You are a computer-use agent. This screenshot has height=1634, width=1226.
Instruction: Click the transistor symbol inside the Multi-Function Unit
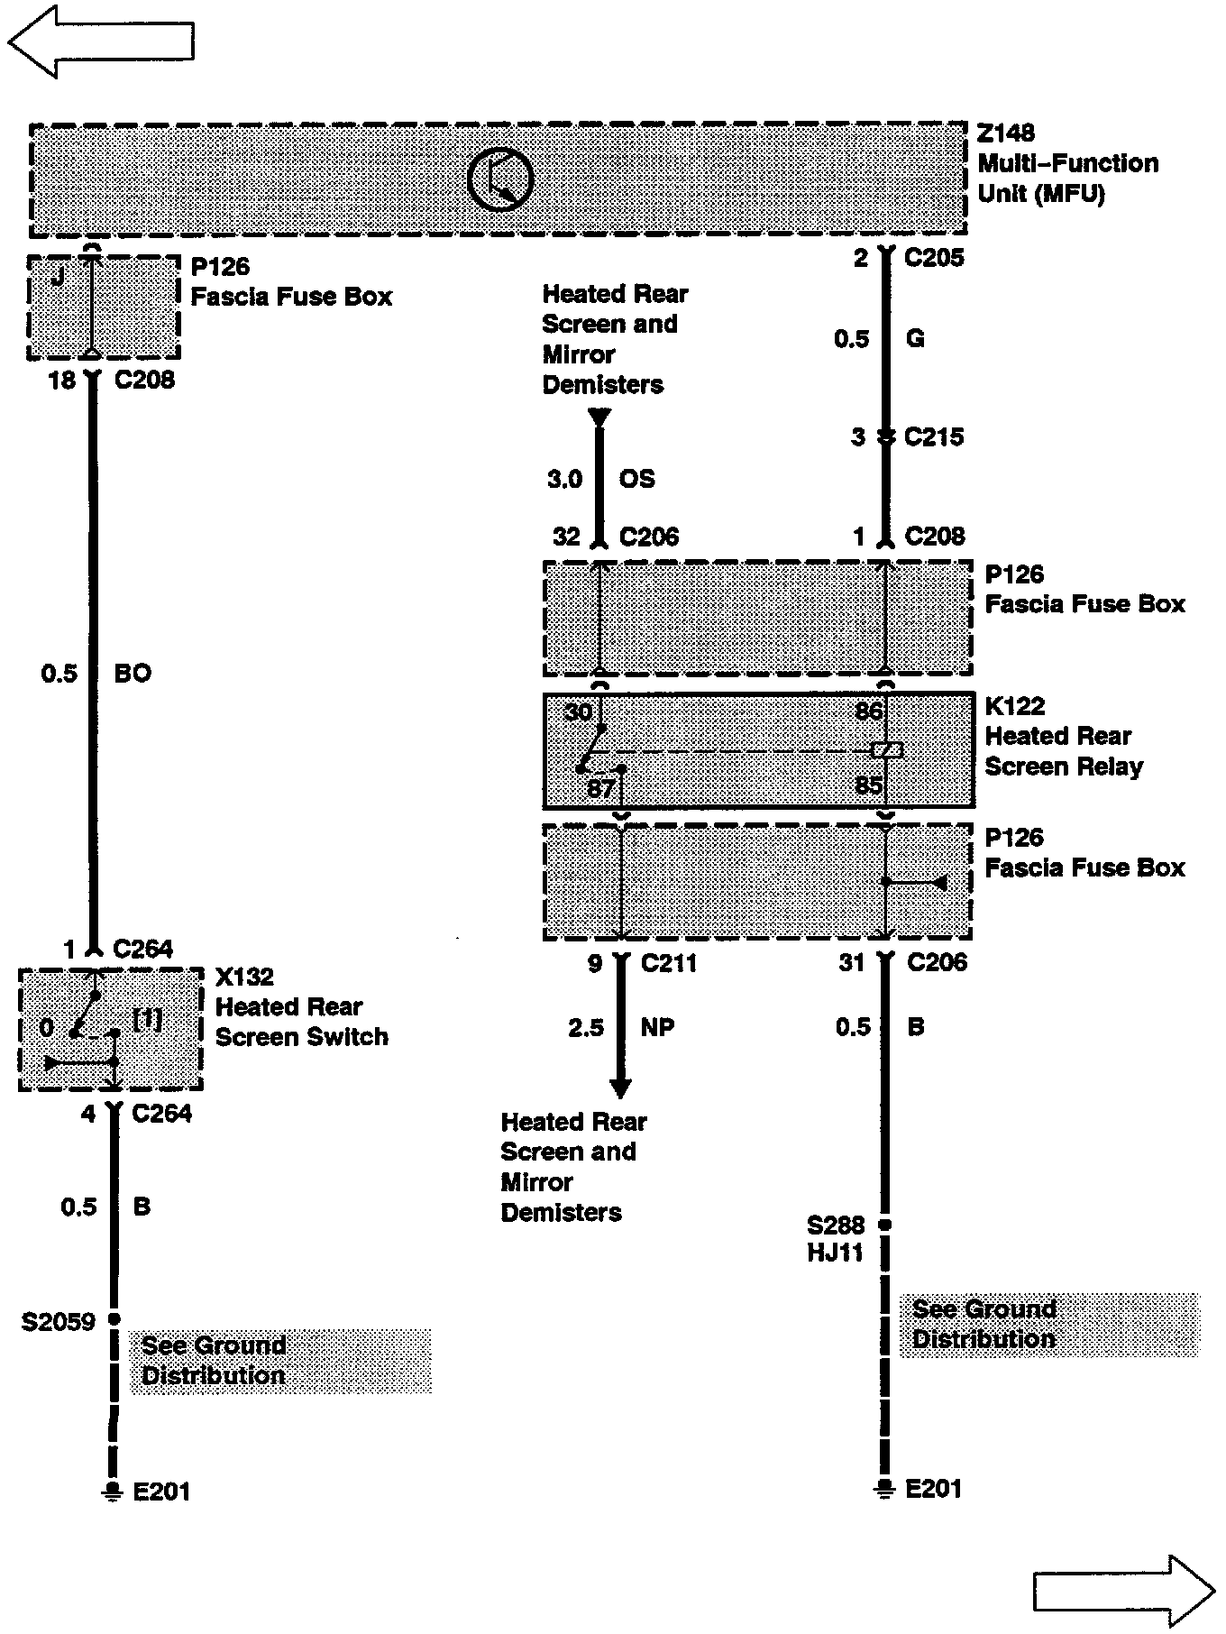pyautogui.click(x=500, y=179)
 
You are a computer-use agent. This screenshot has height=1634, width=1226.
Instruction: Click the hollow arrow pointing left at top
pyautogui.click(x=100, y=41)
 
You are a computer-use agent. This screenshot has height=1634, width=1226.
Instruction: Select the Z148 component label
pyautogui.click(x=1006, y=133)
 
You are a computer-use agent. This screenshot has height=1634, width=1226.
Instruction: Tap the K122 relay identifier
pyautogui.click(x=1014, y=706)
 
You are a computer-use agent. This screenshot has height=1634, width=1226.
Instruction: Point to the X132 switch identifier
pyautogui.click(x=243, y=977)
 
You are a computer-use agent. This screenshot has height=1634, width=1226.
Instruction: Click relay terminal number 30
pyautogui.click(x=578, y=712)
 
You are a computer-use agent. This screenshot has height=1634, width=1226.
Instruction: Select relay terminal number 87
pyautogui.click(x=600, y=788)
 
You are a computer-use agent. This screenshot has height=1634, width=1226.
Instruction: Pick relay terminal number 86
pyautogui.click(x=868, y=711)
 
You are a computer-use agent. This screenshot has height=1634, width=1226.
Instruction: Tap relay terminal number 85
pyautogui.click(x=868, y=785)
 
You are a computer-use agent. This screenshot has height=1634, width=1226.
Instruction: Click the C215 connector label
pyautogui.click(x=933, y=437)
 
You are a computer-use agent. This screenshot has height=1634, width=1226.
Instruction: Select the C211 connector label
pyautogui.click(x=668, y=963)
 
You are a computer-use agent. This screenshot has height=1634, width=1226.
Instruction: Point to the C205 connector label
pyautogui.click(x=933, y=258)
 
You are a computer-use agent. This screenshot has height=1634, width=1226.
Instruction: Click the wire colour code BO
pyautogui.click(x=133, y=674)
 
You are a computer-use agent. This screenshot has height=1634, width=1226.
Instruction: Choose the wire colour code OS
pyautogui.click(x=636, y=479)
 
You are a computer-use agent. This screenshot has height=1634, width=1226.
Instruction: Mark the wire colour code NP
pyautogui.click(x=657, y=1027)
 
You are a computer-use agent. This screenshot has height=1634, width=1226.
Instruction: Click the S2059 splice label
pyautogui.click(x=59, y=1322)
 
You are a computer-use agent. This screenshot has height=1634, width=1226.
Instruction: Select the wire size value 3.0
pyautogui.click(x=564, y=479)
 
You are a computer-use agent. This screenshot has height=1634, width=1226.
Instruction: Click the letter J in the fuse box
pyautogui.click(x=57, y=276)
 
